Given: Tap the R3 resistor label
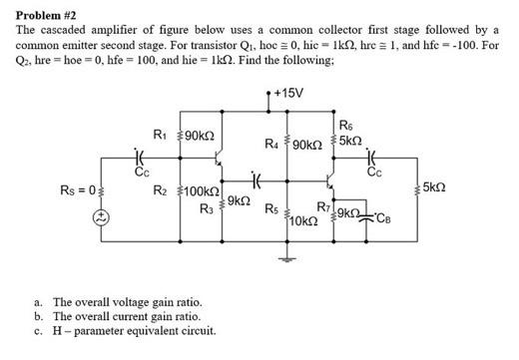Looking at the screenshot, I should (x=206, y=207).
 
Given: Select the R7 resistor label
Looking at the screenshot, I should (x=322, y=207).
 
